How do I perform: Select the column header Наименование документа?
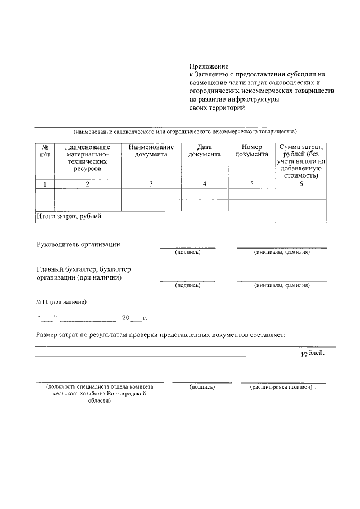click(x=151, y=150)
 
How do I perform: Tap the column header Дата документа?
click(x=204, y=150)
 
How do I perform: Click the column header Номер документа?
click(x=251, y=150)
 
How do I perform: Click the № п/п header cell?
click(x=44, y=150)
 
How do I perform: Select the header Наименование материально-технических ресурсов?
click(x=87, y=157)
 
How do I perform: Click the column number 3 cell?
click(x=151, y=184)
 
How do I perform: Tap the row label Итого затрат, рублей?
click(x=69, y=217)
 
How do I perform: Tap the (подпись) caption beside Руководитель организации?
click(x=188, y=251)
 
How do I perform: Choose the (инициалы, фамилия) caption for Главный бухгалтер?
click(x=282, y=285)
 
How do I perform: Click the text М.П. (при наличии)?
click(x=61, y=302)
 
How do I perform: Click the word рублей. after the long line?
click(x=312, y=353)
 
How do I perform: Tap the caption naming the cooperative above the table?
click(x=184, y=132)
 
